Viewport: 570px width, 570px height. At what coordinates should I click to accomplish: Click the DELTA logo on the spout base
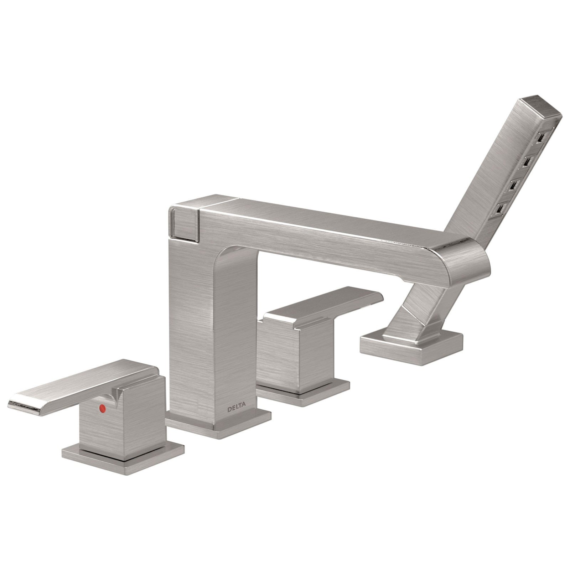tap(236, 409)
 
